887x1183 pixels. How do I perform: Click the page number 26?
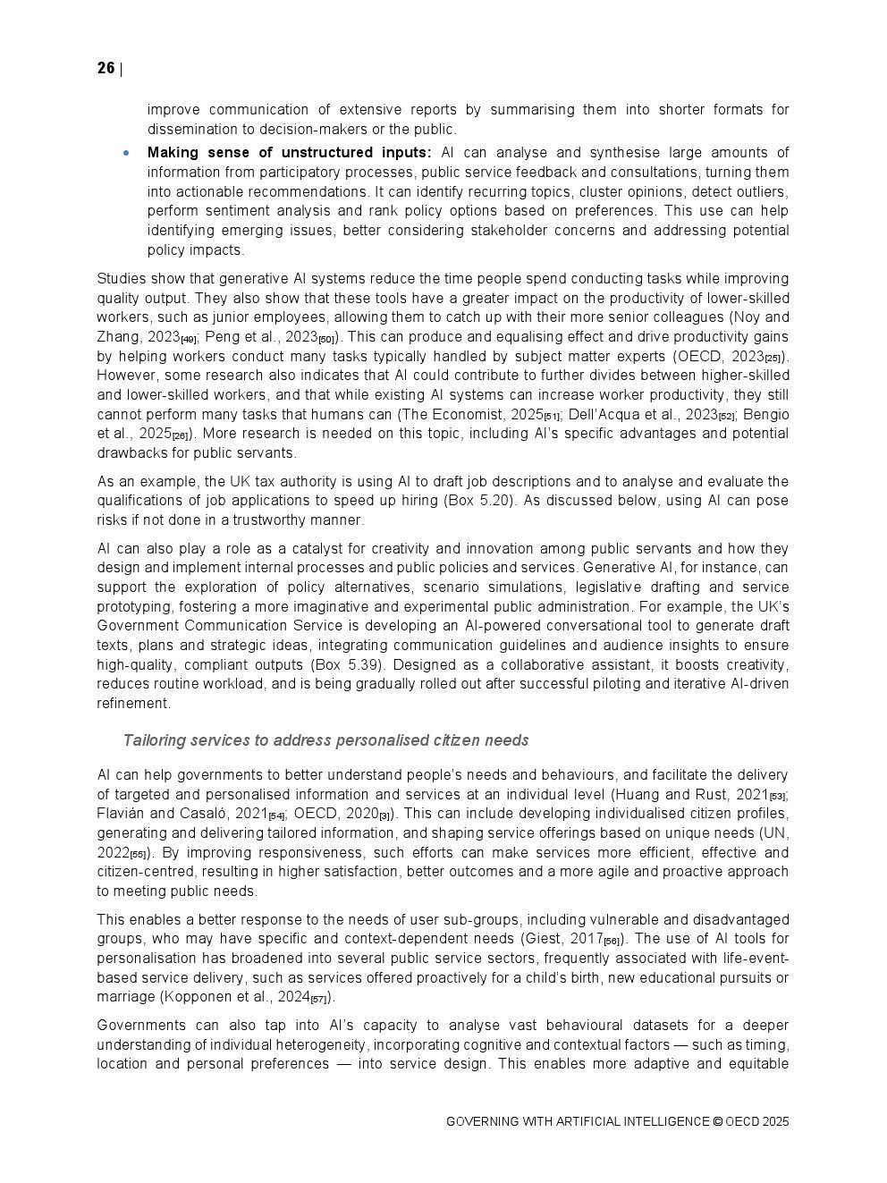[x=106, y=69]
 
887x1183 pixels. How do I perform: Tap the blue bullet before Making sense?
[x=127, y=153]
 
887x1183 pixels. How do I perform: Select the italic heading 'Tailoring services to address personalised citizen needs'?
[x=325, y=740]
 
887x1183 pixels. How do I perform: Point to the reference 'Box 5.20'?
[x=479, y=501]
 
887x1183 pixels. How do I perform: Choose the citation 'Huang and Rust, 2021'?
[x=691, y=794]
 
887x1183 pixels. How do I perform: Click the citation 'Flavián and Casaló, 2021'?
[x=182, y=814]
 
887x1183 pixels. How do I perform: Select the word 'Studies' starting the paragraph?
[x=121, y=279]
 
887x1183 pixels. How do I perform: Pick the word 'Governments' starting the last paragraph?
[x=141, y=1026]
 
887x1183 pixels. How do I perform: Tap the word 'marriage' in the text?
[x=125, y=997]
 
